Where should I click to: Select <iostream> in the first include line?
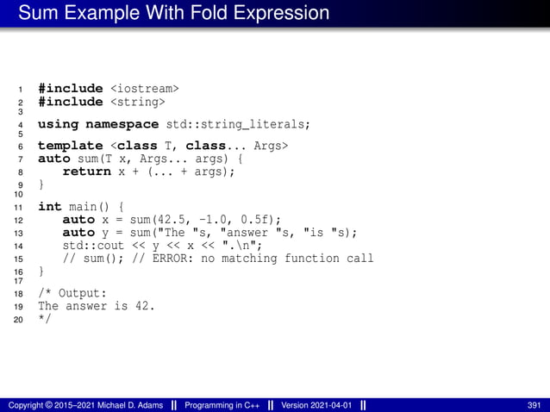pos(145,88)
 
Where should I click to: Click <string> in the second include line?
pos(136,103)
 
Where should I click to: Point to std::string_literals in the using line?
pos(237,124)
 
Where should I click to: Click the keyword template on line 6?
pos(71,146)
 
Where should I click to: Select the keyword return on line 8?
pos(87,171)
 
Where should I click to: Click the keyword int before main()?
pos(50,207)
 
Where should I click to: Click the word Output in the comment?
pos(81,293)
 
